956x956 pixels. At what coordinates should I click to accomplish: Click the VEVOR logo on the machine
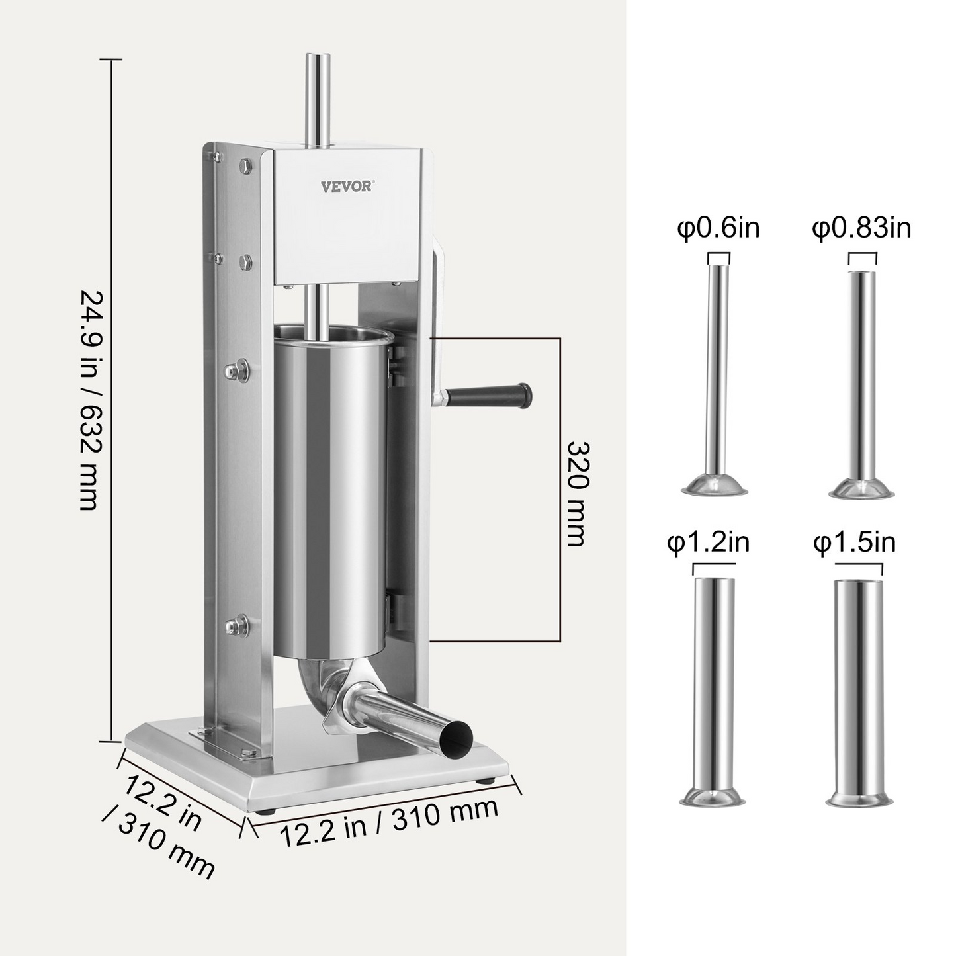point(346,185)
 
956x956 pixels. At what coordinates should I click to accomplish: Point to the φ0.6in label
point(718,228)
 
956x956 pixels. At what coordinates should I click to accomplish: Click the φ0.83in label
point(861,228)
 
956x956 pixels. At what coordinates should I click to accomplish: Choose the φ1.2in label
point(708,543)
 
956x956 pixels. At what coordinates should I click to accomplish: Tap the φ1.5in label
point(855,543)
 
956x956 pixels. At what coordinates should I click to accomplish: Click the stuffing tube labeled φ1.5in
point(858,688)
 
